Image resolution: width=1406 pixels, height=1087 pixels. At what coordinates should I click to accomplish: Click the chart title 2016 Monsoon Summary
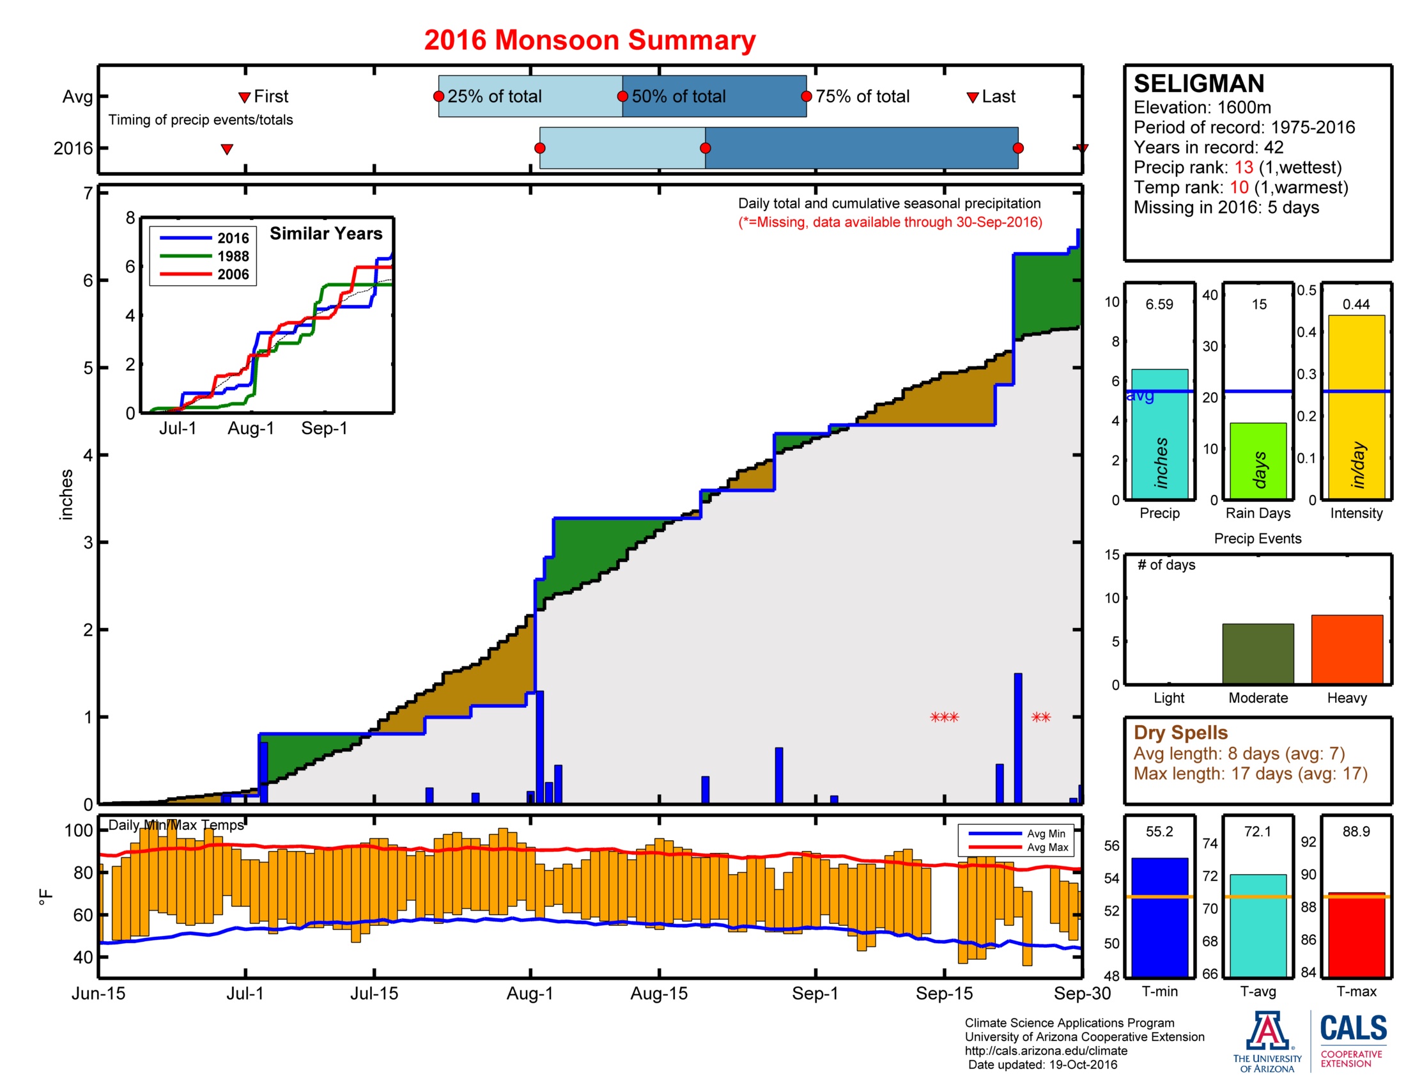click(x=589, y=40)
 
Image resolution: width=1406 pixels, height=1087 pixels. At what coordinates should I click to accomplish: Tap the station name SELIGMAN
click(x=1198, y=84)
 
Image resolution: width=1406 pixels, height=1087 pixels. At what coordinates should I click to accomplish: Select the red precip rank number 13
click(x=1243, y=168)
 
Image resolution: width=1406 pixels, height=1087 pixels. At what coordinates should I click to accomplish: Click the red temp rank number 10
click(x=1239, y=187)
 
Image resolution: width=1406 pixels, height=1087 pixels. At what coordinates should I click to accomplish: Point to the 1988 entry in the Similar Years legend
click(x=232, y=256)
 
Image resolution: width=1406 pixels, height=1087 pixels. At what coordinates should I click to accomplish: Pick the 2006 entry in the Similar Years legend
click(x=232, y=274)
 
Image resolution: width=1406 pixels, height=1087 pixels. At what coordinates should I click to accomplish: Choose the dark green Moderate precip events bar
click(x=1257, y=653)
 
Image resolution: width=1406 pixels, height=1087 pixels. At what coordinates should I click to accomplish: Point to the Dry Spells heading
click(x=1180, y=732)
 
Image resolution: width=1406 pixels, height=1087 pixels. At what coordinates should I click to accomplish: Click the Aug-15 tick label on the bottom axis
click(x=658, y=993)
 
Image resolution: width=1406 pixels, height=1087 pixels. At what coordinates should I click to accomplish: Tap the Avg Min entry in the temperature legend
click(x=1046, y=833)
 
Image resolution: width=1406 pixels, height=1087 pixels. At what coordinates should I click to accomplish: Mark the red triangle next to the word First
click(x=244, y=97)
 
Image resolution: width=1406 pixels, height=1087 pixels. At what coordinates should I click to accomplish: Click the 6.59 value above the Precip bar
click(x=1159, y=304)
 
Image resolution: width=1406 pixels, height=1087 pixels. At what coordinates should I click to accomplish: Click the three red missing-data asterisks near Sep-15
click(x=944, y=717)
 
